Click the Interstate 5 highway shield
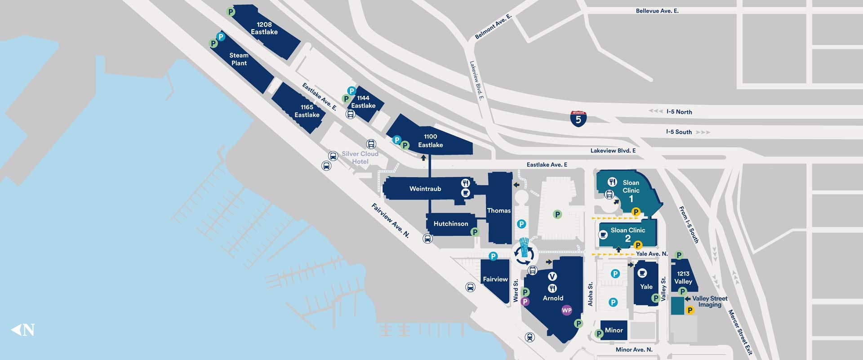578,119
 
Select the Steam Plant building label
239,59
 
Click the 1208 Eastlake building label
264,28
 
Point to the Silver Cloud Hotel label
360,157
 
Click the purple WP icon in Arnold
567,310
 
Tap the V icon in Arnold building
552,276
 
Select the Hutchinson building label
451,223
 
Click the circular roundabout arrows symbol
524,255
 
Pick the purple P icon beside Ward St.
525,302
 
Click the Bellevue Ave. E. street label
657,11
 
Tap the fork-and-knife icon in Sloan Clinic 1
612,182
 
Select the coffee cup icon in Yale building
642,273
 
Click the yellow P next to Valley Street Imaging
690,310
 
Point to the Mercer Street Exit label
740,332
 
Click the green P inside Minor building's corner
599,333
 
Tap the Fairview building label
495,279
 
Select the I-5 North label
679,112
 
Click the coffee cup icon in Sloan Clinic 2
603,235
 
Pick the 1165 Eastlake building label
307,111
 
